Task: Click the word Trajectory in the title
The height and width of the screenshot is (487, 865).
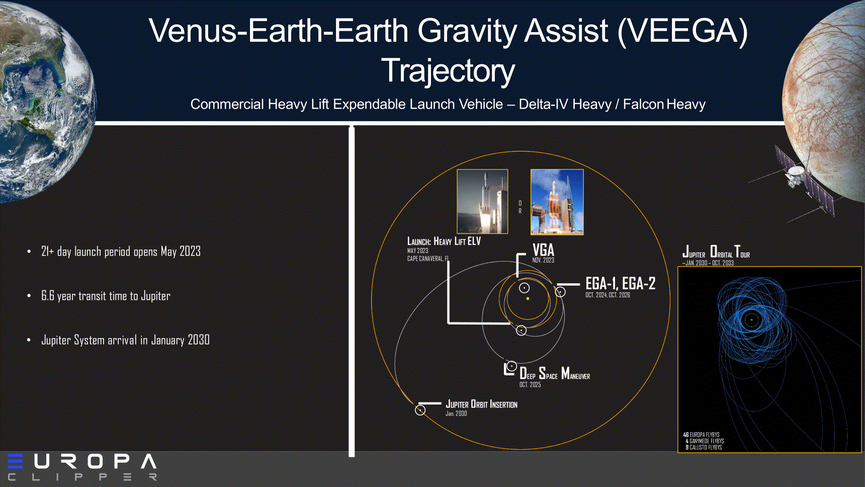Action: [x=448, y=71]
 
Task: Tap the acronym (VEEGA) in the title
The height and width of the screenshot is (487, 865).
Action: [x=682, y=31]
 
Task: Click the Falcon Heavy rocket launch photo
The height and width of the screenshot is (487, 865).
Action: [x=482, y=202]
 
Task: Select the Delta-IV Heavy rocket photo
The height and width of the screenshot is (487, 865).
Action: [x=557, y=202]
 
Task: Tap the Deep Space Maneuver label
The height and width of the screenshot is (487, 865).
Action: [x=555, y=373]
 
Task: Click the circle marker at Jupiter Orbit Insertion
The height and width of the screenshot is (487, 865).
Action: [x=420, y=410]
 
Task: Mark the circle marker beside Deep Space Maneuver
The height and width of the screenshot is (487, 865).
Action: [x=511, y=366]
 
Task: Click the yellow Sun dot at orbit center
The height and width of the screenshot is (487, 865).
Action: [x=528, y=299]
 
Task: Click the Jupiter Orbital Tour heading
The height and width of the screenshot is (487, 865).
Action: [x=716, y=251]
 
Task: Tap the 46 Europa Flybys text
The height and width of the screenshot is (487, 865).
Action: [x=701, y=435]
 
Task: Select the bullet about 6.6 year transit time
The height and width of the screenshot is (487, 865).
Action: [x=106, y=296]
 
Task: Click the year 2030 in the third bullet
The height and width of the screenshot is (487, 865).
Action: [x=199, y=340]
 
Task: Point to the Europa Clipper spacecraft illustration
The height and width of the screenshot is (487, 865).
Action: [x=800, y=181]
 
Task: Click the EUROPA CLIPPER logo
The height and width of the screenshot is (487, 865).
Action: [x=82, y=467]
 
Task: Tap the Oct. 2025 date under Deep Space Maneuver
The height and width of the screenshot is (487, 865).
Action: [x=530, y=384]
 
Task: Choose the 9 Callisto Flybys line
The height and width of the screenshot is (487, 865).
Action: [x=704, y=447]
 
